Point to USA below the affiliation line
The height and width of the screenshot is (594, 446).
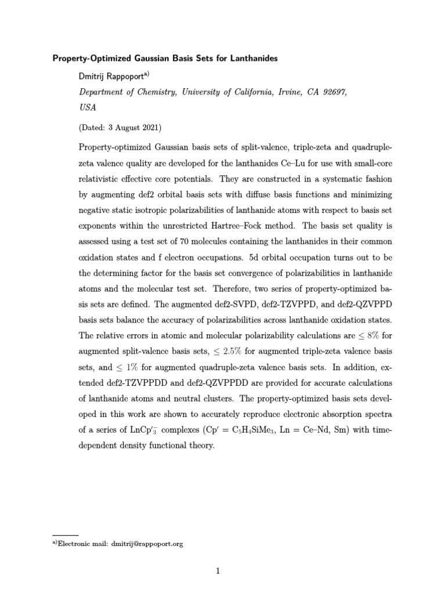pos(87,107)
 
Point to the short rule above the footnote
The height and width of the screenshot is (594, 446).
pos(66,535)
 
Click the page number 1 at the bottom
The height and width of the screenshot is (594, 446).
pos(218,571)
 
